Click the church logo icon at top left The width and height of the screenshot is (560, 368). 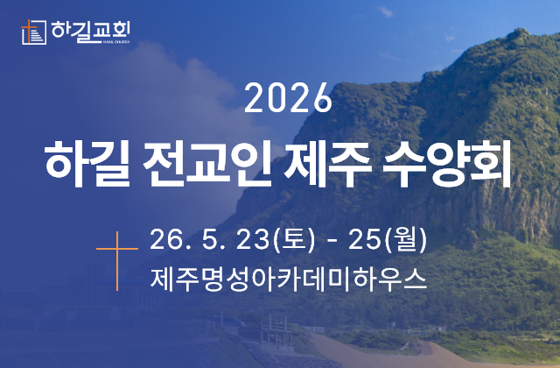click(32, 32)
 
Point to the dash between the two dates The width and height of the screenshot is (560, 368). click(338, 239)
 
